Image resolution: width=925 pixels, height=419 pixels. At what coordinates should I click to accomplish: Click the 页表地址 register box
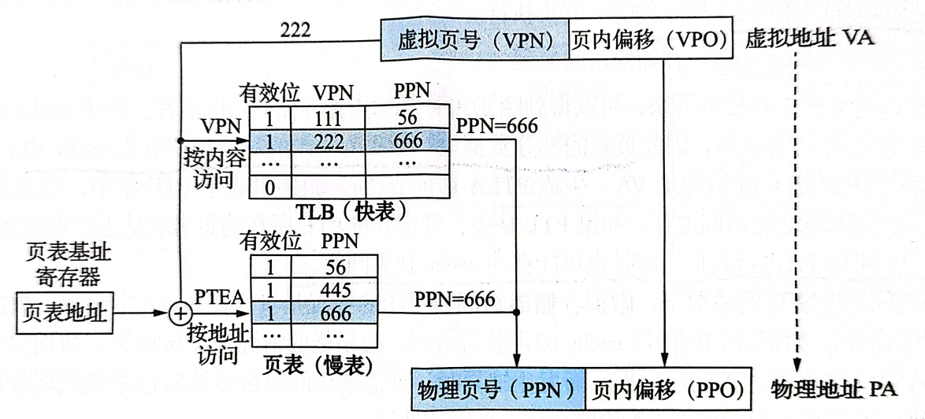point(63,313)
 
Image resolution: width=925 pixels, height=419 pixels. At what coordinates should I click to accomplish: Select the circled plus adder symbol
point(181,313)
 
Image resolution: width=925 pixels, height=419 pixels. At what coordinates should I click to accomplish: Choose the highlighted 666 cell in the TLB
point(407,142)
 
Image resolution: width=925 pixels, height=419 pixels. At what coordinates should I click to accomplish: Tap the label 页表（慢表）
point(319,365)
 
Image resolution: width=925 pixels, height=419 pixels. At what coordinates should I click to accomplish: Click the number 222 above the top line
point(295,30)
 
